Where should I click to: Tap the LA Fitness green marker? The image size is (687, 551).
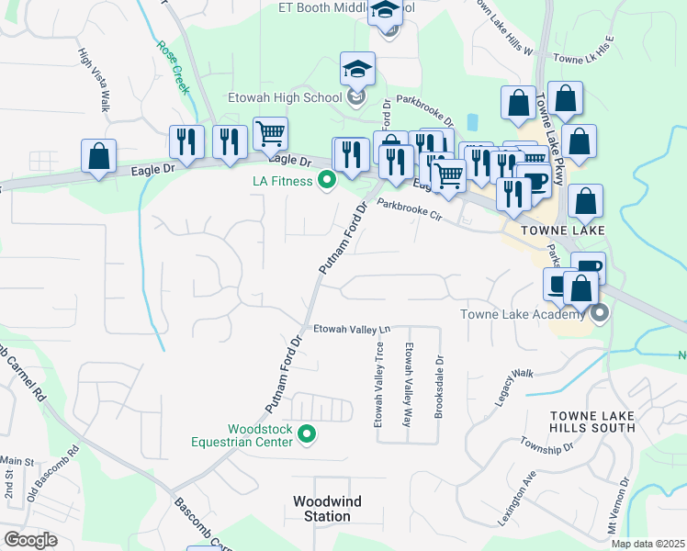[x=325, y=181]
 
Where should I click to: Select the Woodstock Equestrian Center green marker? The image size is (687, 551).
[x=308, y=434]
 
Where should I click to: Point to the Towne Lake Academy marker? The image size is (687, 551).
[x=600, y=315]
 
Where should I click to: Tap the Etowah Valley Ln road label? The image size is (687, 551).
[x=353, y=329]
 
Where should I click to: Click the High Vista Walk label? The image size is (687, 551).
[x=94, y=81]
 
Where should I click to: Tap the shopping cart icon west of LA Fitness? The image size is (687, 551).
[x=270, y=134]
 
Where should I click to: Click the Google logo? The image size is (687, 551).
[x=31, y=540]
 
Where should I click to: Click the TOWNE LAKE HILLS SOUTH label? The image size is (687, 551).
[x=592, y=422]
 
